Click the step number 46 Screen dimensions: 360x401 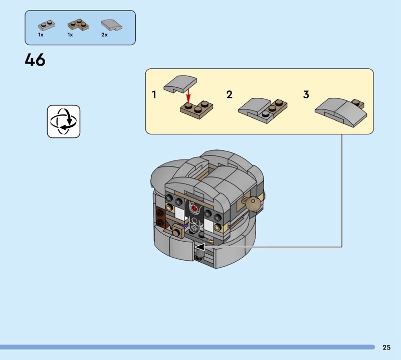click(x=35, y=60)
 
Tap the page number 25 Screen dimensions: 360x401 click(x=386, y=347)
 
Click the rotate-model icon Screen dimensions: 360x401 click(x=64, y=121)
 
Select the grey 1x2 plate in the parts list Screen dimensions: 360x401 click(x=46, y=25)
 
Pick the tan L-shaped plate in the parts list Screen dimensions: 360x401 click(x=77, y=25)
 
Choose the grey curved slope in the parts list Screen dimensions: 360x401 click(x=111, y=25)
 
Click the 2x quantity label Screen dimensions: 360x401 click(x=104, y=35)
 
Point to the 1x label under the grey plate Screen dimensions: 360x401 click(x=41, y=35)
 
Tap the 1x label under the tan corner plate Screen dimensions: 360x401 click(x=70, y=35)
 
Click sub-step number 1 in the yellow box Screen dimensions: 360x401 click(x=154, y=94)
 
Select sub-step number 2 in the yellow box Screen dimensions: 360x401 click(x=229, y=94)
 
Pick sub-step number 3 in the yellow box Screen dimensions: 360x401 click(x=306, y=94)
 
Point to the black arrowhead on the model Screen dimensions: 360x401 click(x=199, y=247)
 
